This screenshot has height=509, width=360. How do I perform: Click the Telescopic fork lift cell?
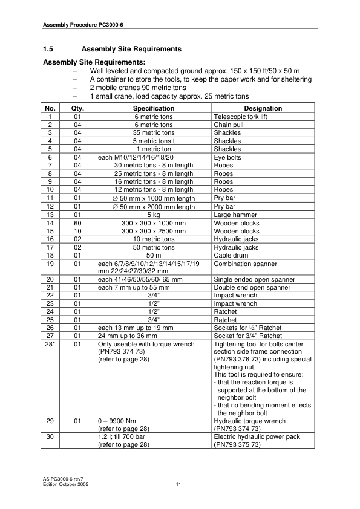[x=240, y=117]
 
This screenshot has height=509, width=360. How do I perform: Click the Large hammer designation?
[x=235, y=215]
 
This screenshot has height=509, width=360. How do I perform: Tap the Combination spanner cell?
[x=244, y=264]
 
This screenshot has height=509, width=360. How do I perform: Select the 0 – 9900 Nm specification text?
[x=118, y=418]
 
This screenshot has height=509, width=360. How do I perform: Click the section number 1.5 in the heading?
[x=49, y=48]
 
